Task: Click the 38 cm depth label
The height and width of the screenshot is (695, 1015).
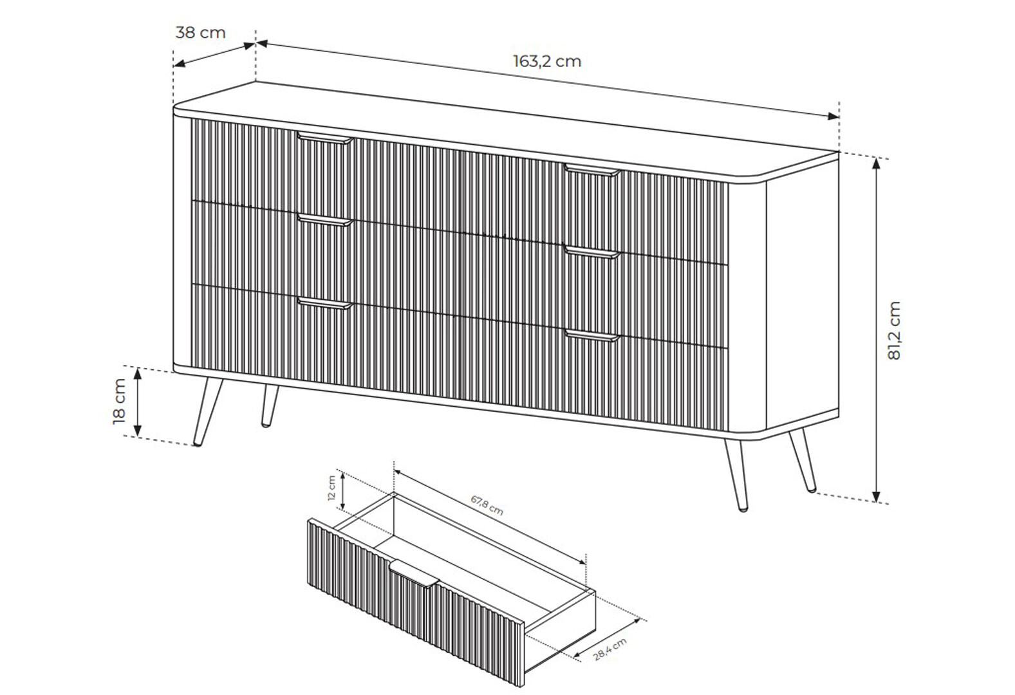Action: (x=200, y=33)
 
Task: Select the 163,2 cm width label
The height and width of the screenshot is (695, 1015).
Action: (x=547, y=61)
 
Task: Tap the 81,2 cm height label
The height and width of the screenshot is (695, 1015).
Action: (x=893, y=330)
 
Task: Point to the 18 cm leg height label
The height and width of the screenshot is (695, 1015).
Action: (x=119, y=402)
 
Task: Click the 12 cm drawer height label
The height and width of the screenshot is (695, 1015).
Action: (x=331, y=488)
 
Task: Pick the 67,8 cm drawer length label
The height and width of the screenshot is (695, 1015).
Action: (x=487, y=505)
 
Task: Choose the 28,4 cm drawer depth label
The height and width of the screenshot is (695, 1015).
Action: (x=610, y=649)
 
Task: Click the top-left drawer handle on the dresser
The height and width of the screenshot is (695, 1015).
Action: (x=325, y=138)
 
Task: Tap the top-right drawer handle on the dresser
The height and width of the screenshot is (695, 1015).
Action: (x=592, y=171)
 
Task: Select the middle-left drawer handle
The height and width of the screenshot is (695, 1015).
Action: (x=325, y=220)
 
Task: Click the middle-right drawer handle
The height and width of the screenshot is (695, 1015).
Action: (x=592, y=252)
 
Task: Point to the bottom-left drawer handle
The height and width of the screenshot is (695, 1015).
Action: (x=325, y=304)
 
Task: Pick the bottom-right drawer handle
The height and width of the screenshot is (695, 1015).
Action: (x=592, y=336)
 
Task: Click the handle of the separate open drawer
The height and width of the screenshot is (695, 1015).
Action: (x=414, y=574)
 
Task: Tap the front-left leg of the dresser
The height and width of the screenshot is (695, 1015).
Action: (x=207, y=412)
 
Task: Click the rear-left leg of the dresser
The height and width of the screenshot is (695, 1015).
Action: (x=269, y=405)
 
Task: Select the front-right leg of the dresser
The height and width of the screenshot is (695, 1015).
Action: (x=736, y=476)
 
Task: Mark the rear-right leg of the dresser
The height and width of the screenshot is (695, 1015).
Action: (x=803, y=460)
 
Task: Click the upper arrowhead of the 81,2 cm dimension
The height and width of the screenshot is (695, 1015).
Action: (x=877, y=163)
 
